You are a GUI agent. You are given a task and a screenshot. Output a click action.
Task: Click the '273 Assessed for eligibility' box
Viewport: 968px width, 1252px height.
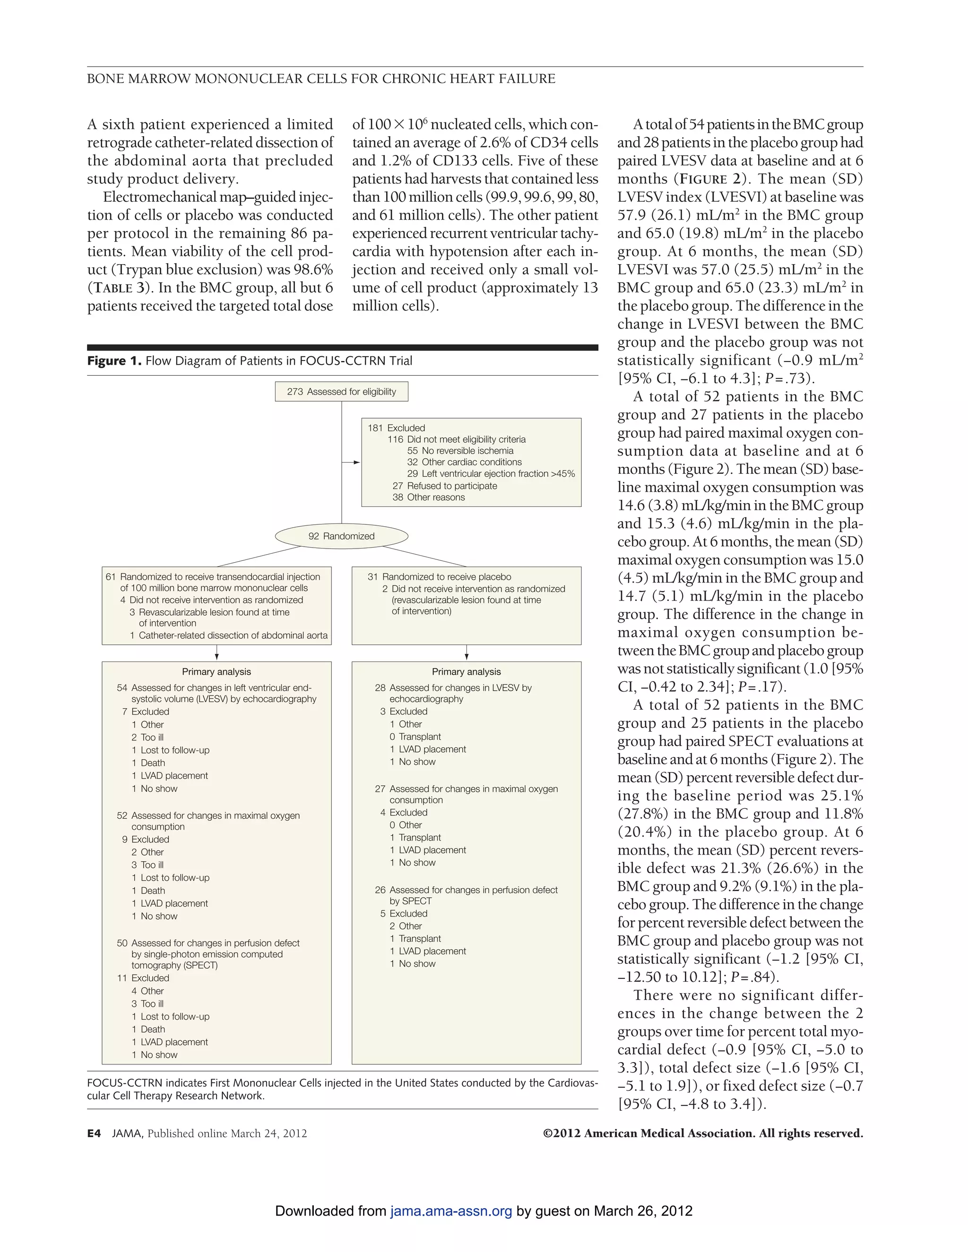[x=341, y=392]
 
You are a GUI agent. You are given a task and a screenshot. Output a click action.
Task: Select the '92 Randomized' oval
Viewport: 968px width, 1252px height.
[x=341, y=536]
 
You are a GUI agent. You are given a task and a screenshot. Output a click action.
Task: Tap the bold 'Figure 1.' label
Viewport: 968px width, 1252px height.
[x=114, y=360]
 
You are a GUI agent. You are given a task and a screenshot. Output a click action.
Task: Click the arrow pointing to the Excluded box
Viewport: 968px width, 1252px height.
[x=352, y=462]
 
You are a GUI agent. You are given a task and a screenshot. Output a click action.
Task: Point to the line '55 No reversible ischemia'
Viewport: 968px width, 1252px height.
[x=460, y=451]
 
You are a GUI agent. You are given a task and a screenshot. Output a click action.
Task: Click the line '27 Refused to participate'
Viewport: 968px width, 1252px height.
[x=444, y=486]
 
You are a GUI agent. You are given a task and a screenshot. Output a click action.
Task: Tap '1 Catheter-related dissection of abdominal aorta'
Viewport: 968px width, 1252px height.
[x=228, y=635]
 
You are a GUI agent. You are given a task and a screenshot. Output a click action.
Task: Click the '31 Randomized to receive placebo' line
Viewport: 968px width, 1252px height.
[x=439, y=577]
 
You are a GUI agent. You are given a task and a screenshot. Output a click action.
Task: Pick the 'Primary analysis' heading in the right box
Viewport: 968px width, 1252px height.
[x=466, y=672]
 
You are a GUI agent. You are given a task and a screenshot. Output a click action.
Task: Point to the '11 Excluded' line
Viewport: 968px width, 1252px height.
[x=143, y=978]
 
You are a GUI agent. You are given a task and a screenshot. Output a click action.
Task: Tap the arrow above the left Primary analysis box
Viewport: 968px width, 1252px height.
[x=217, y=653]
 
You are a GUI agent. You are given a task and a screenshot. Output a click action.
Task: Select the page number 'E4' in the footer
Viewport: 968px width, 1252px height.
[x=94, y=1133]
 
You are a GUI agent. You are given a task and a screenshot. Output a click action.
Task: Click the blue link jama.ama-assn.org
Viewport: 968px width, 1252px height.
[x=451, y=1211]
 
